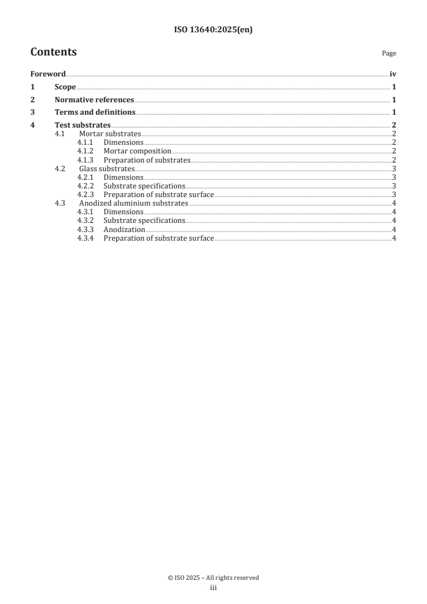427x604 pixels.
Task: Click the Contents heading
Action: click(x=53, y=52)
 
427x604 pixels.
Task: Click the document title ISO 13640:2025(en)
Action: click(x=213, y=30)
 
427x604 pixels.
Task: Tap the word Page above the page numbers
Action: click(x=389, y=53)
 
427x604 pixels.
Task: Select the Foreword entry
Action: click(x=48, y=74)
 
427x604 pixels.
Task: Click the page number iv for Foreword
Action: click(x=393, y=74)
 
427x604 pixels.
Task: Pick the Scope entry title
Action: click(x=65, y=87)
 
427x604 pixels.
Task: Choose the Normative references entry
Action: click(x=94, y=100)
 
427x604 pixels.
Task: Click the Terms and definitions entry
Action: click(x=95, y=113)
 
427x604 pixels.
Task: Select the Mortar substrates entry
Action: click(x=110, y=134)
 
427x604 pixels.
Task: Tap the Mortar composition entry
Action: click(x=137, y=151)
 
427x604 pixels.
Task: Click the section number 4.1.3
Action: click(x=85, y=160)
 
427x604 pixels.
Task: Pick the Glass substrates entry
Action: click(x=107, y=168)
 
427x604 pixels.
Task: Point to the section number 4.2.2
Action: click(x=85, y=186)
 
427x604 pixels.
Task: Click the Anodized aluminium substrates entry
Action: click(x=134, y=203)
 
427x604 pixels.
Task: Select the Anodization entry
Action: click(x=124, y=229)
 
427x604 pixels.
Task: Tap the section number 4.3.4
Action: click(x=85, y=238)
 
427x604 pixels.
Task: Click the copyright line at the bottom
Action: click(x=213, y=578)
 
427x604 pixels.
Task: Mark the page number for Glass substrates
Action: click(x=394, y=168)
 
